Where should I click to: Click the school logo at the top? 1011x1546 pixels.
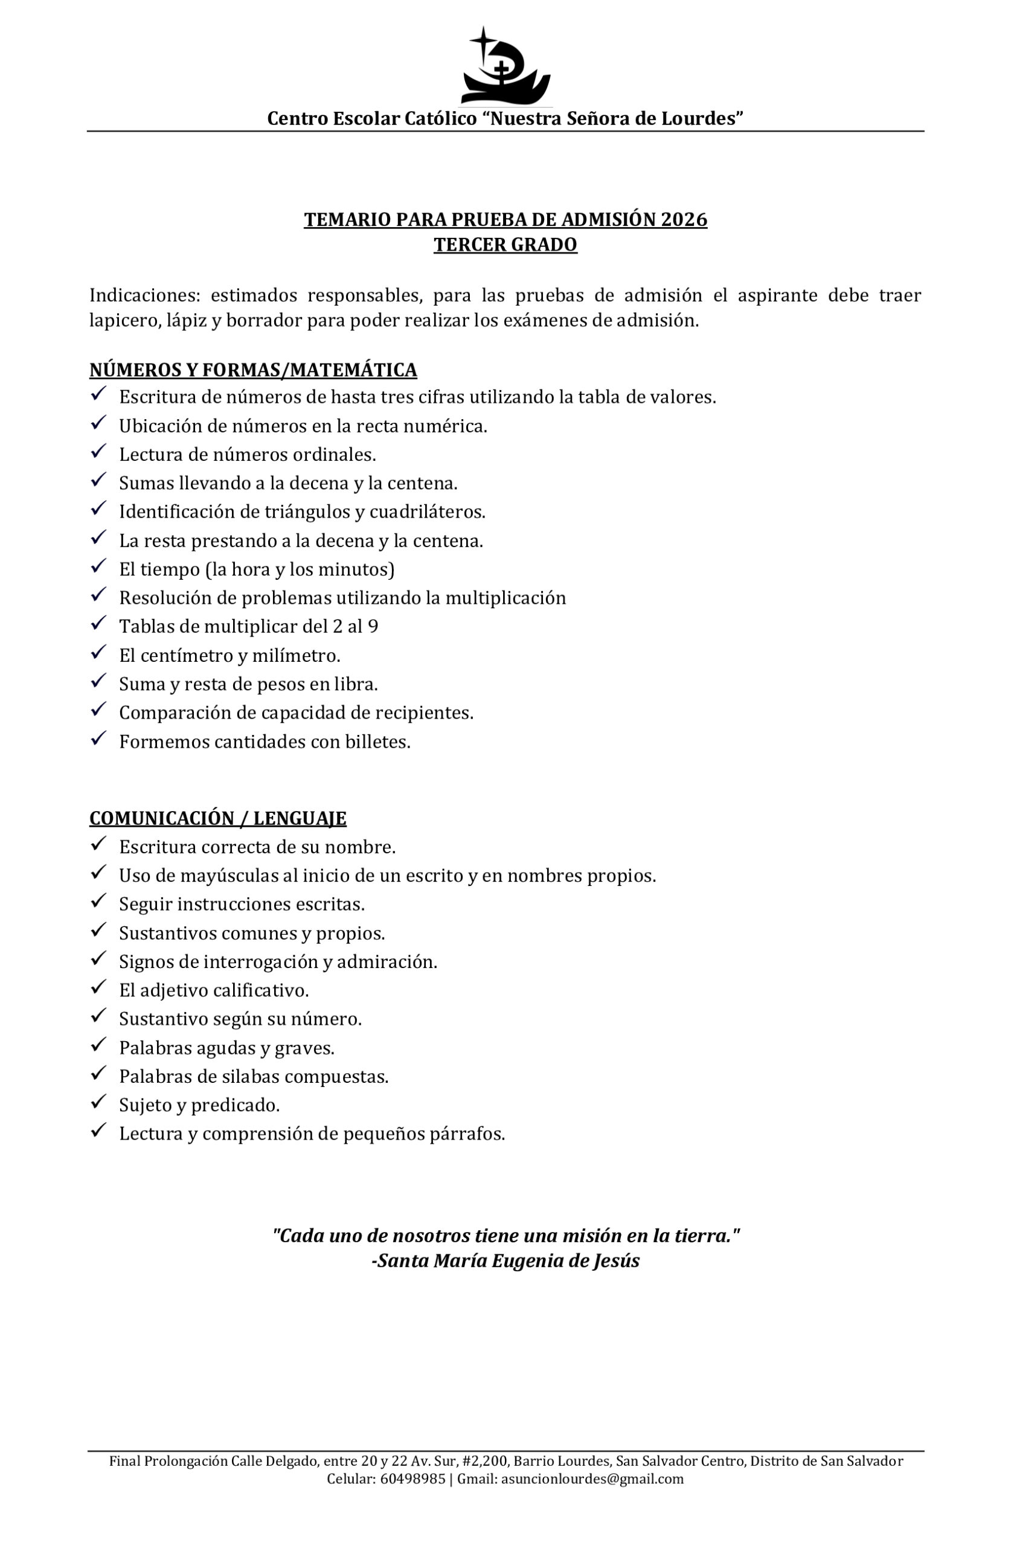click(505, 66)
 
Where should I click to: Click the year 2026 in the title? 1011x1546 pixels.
click(684, 220)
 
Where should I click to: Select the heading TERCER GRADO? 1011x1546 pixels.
click(505, 245)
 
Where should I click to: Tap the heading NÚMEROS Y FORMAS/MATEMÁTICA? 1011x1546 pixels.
click(252, 370)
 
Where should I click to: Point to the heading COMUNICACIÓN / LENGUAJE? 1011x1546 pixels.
click(217, 818)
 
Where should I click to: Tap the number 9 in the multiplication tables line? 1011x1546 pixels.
click(373, 626)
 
